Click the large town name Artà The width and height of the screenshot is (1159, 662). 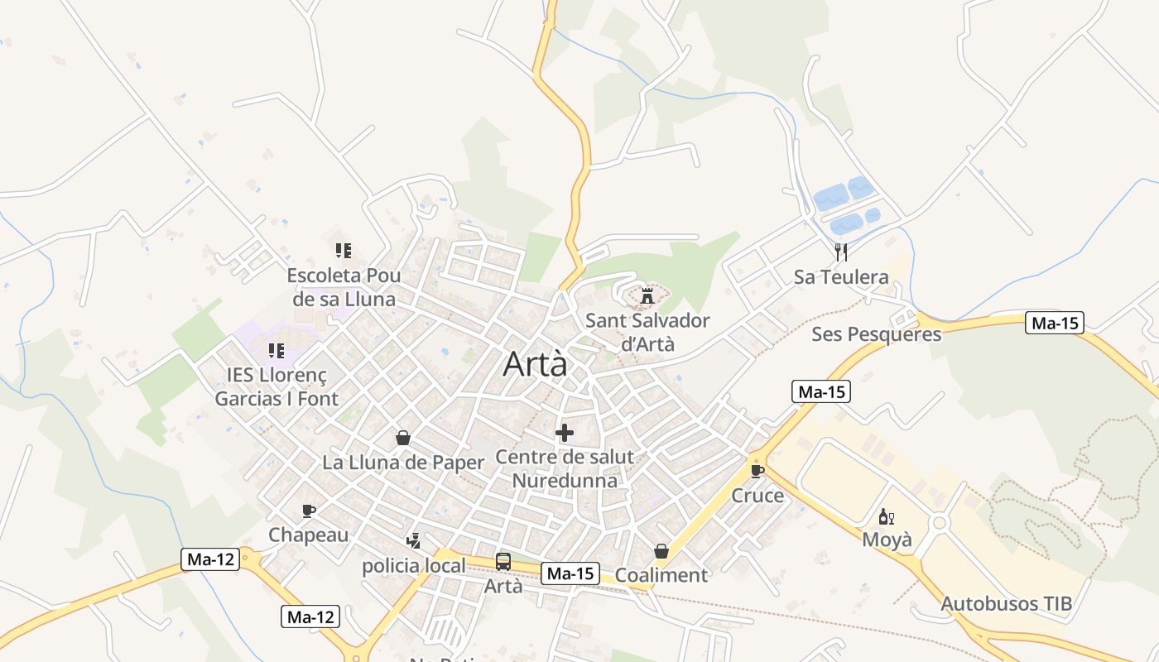tap(536, 364)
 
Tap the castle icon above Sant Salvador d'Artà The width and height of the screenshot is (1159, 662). tap(647, 295)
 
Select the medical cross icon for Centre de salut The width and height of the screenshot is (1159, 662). tap(565, 432)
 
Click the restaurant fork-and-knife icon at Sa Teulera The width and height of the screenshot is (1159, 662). tap(841, 252)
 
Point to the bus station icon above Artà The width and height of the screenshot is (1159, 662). tap(503, 562)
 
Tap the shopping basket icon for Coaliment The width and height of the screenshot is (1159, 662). tap(661, 550)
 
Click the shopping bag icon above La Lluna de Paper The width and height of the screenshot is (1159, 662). tap(403, 438)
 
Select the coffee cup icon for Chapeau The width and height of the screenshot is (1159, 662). tap(309, 511)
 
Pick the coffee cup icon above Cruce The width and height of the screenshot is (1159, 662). tap(757, 471)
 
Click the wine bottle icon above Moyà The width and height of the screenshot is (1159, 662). tap(886, 517)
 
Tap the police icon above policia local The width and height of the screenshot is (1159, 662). tap(414, 541)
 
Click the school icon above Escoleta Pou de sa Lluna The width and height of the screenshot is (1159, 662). tap(344, 250)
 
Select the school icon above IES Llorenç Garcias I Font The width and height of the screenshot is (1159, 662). tap(277, 351)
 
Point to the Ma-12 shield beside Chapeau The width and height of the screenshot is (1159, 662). tap(210, 559)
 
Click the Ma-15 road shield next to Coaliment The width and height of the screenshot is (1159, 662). tap(570, 573)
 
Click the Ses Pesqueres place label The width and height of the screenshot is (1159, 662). tap(876, 334)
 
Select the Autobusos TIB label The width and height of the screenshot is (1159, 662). tap(1006, 603)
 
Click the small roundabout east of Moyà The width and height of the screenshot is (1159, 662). tap(939, 523)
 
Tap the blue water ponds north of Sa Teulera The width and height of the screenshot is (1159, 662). tap(846, 204)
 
